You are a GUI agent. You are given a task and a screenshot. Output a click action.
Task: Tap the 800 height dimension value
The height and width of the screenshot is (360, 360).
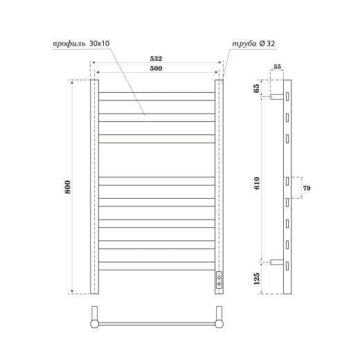point(68,187)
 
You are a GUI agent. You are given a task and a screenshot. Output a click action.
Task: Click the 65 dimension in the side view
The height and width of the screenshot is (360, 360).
point(256,89)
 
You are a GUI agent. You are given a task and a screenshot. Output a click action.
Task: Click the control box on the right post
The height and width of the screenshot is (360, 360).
point(219,280)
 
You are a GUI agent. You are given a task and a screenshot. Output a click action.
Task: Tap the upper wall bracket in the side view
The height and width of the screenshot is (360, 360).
point(276,96)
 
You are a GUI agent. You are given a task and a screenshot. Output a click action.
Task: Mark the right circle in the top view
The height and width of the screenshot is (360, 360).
point(219,323)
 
